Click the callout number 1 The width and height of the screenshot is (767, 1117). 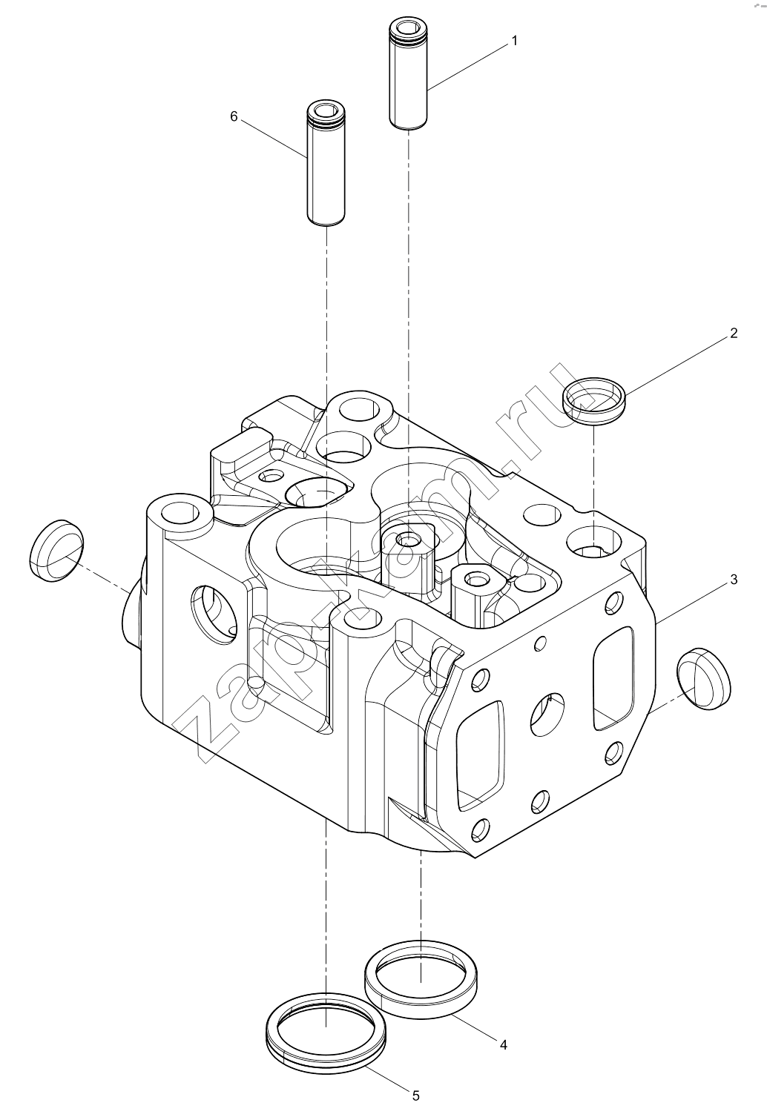coord(515,42)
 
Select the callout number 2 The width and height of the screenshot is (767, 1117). coord(734,333)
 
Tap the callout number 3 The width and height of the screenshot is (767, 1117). coord(734,580)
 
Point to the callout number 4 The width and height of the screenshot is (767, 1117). coord(504,1044)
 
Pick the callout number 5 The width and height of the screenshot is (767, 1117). coord(415,1096)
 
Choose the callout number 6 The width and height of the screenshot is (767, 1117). coord(234,116)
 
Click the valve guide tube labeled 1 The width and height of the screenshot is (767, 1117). coord(408,75)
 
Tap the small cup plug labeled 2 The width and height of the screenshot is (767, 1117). coord(594,401)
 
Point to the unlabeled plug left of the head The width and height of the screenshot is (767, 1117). coord(56,551)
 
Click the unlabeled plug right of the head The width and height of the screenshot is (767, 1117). coord(704,679)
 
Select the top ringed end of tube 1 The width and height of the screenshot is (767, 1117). coord(408,30)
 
